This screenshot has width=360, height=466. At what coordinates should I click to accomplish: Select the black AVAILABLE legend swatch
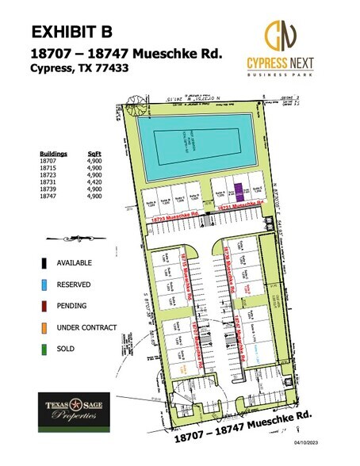(x=39, y=262)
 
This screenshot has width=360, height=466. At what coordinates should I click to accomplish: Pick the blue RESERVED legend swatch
(x=39, y=284)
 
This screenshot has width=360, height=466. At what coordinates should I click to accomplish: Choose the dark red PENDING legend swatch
(x=39, y=305)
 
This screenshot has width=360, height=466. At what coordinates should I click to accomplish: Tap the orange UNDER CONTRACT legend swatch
(x=39, y=327)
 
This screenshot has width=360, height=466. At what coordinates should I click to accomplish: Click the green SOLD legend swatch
(x=39, y=348)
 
